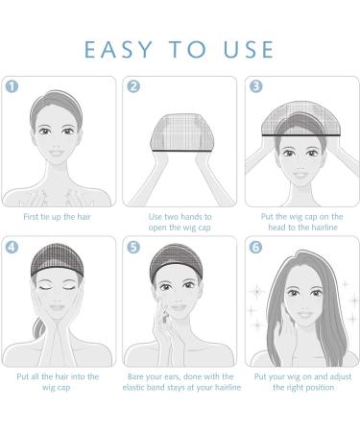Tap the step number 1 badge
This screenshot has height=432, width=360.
coord(12,85)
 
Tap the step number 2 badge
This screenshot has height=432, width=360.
coord(133,85)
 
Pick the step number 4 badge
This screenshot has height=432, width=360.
coord(12,246)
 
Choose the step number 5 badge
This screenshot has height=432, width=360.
coord(133,246)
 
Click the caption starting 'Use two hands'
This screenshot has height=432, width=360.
coord(180,223)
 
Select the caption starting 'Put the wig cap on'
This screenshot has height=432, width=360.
coord(300,223)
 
